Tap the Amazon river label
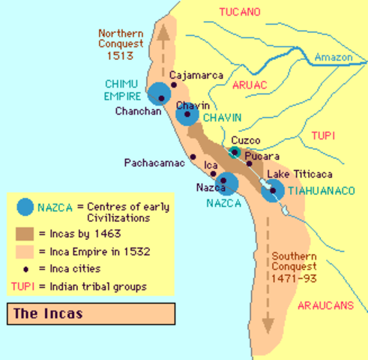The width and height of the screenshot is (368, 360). [333, 57]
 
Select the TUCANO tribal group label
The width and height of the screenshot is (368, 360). [239, 12]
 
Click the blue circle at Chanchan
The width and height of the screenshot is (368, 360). [159, 94]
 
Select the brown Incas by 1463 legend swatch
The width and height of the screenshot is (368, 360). [25, 233]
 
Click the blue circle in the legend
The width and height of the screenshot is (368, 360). [25, 206]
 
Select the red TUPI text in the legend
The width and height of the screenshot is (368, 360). [24, 286]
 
